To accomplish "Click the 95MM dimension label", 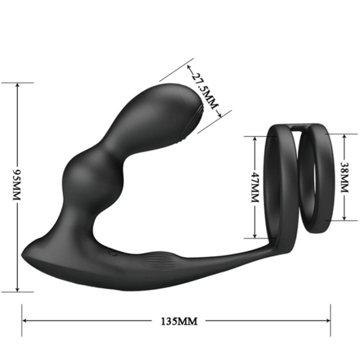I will coord(17,185).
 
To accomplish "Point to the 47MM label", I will coord(254,186).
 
